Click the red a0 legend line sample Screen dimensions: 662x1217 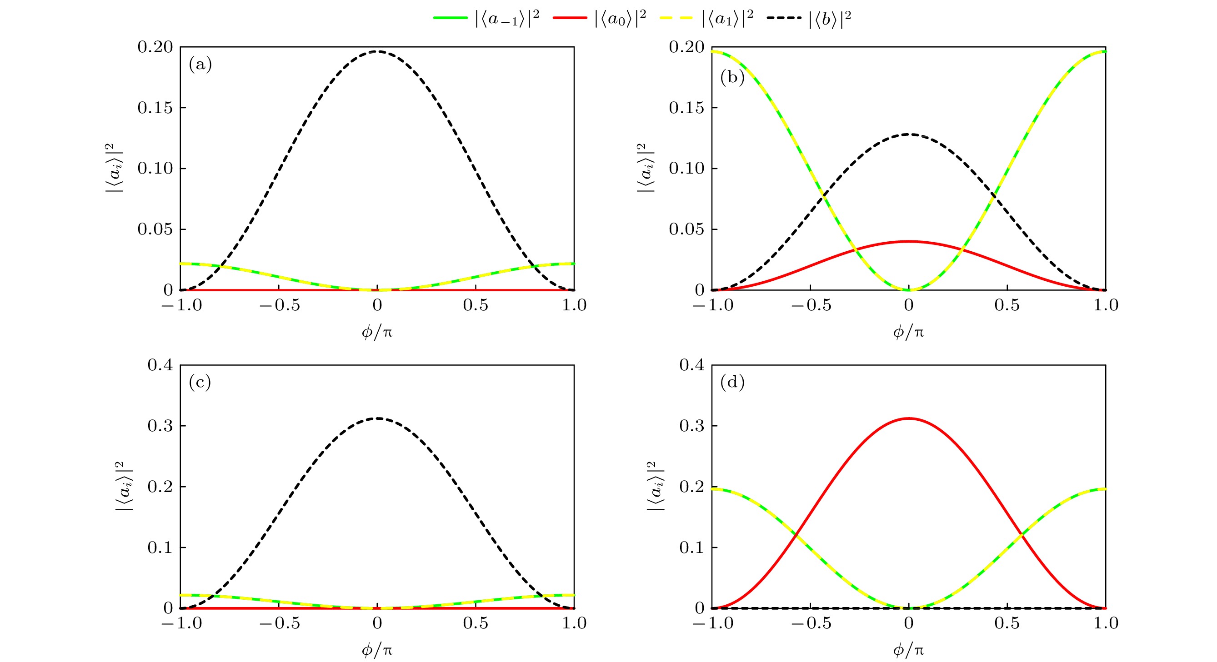pyautogui.click(x=569, y=18)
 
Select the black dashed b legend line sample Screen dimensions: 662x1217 pyautogui.click(x=784, y=18)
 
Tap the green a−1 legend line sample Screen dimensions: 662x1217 pyautogui.click(x=450, y=18)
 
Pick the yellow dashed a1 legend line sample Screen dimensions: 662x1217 pyautogui.click(x=676, y=18)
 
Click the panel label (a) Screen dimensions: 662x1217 pyautogui.click(x=200, y=64)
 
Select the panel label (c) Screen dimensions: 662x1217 pyautogui.click(x=200, y=382)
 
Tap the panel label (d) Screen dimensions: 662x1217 pyautogui.click(x=732, y=382)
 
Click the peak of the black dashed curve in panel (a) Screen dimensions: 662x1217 pyautogui.click(x=377, y=51)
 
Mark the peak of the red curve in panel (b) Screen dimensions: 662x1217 pyautogui.click(x=908, y=241)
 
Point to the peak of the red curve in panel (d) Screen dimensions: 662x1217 pyautogui.click(x=908, y=418)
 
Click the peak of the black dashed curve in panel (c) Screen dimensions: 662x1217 pyautogui.click(x=377, y=418)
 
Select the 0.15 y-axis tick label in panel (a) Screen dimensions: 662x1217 pyautogui.click(x=155, y=108)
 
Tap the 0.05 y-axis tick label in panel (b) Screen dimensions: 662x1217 pyautogui.click(x=686, y=229)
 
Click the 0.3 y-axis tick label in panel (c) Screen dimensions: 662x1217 pyautogui.click(x=160, y=425)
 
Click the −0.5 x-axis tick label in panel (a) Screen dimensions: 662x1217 pyautogui.click(x=279, y=305)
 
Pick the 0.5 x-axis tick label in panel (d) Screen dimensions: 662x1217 pyautogui.click(x=1007, y=623)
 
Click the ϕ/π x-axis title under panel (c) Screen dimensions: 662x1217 pyautogui.click(x=377, y=650)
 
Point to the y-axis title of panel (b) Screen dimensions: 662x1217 pyautogui.click(x=646, y=168)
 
